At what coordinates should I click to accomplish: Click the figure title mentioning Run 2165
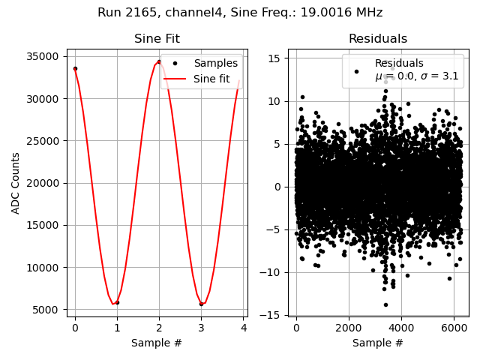[x=240, y=13]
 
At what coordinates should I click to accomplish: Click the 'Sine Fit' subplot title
[x=157, y=39]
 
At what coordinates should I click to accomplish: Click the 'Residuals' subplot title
[x=378, y=39]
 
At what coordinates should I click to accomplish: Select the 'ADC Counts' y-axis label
[x=16, y=183]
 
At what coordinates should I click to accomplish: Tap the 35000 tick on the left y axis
[x=43, y=57]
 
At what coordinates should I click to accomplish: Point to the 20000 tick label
[x=43, y=184]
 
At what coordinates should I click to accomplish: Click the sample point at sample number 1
[x=117, y=302]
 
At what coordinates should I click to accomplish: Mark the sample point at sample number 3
[x=201, y=304]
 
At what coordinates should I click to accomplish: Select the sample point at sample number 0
[x=75, y=68]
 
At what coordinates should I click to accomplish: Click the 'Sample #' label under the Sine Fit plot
[x=157, y=343]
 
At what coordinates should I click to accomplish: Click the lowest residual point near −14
[x=385, y=304]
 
